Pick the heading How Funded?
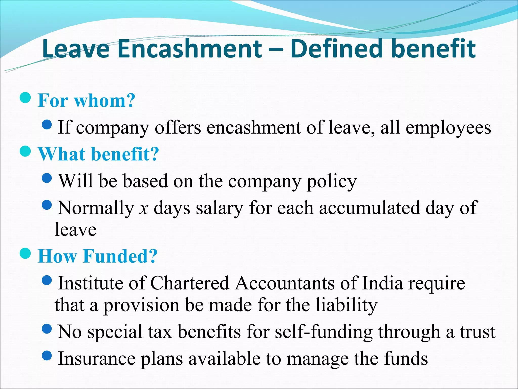tap(98, 256)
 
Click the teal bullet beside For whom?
tap(25, 98)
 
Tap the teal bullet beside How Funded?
tap(25, 253)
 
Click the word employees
tap(448, 128)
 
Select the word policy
tap(332, 181)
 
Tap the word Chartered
tap(190, 283)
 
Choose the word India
tap(382, 283)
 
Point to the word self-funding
tap(323, 332)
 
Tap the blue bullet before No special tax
tap(47, 329)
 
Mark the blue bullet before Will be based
tap(47, 178)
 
